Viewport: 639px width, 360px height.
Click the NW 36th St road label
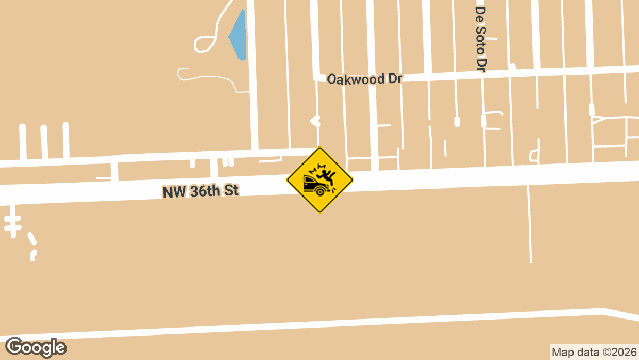(200, 191)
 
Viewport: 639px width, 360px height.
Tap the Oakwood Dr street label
(364, 79)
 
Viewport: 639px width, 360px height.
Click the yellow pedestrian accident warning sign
(319, 180)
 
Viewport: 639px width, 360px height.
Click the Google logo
(36, 347)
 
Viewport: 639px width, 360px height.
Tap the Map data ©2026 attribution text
(594, 352)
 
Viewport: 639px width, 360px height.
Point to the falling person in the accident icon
(326, 175)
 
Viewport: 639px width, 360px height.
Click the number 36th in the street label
(205, 191)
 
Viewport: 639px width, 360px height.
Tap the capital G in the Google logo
(14, 347)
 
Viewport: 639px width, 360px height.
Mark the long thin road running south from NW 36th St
(530, 224)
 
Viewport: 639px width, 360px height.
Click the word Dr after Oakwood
(394, 78)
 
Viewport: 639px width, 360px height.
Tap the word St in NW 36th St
(230, 190)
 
